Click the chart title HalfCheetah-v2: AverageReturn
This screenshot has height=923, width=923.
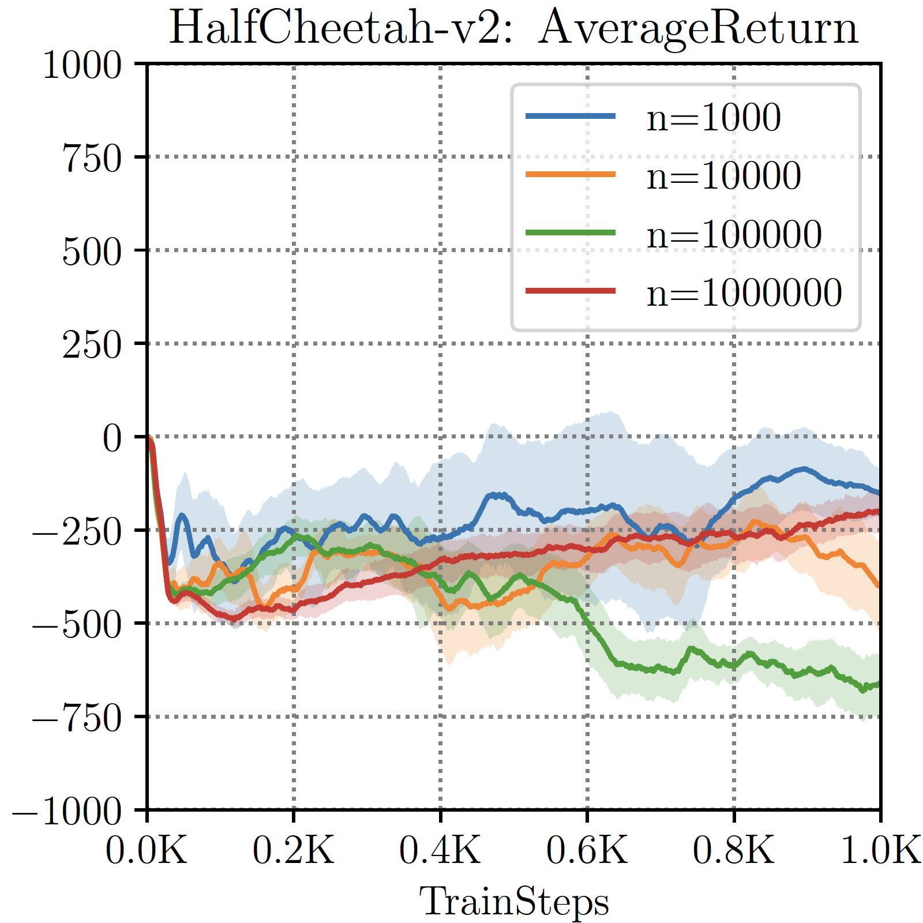pos(513,28)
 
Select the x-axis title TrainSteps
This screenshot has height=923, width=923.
pos(513,902)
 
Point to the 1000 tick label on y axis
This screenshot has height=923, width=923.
pos(82,65)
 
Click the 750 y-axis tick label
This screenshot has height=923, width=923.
pos(92,158)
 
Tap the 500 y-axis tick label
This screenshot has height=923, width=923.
pos(92,252)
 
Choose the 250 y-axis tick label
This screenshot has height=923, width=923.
pos(92,345)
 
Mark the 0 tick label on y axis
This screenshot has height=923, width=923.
pos(112,438)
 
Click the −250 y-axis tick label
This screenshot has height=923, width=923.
pos(77,531)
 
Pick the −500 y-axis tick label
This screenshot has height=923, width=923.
pos(77,625)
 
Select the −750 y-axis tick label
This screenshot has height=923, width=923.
pos(77,718)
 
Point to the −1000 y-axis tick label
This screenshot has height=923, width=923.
pos(67,812)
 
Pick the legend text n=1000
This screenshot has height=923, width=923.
pos(714,117)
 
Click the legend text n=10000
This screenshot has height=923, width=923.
pos(724,175)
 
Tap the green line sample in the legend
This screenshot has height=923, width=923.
pos(571,232)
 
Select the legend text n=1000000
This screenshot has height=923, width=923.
pos(744,292)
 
